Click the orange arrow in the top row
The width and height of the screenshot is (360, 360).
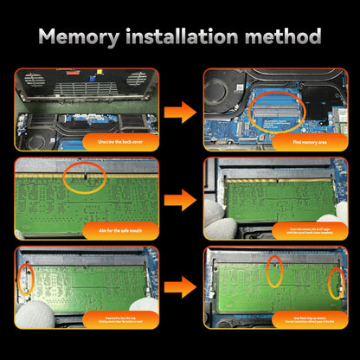179,110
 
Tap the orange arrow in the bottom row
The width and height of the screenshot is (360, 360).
179,287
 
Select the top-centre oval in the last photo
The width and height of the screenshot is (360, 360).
274,271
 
